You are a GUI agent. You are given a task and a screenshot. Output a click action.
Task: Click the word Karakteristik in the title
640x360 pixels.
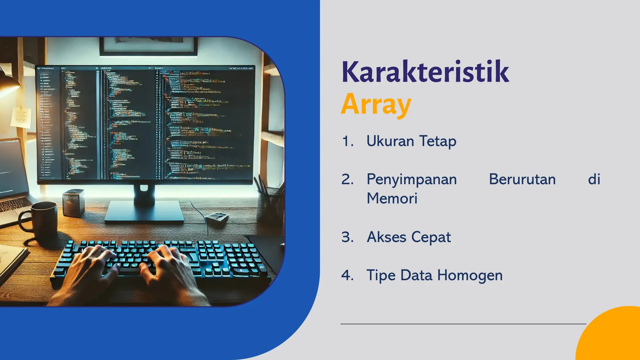pyautogui.click(x=425, y=72)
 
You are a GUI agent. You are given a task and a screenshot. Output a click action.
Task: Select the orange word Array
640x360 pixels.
pyautogui.click(x=376, y=104)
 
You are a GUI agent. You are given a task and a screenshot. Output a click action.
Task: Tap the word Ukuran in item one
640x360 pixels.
pyautogui.click(x=390, y=141)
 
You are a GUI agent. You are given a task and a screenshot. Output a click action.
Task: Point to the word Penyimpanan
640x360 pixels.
pyautogui.click(x=412, y=180)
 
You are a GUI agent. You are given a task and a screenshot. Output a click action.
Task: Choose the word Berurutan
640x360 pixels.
pyautogui.click(x=522, y=179)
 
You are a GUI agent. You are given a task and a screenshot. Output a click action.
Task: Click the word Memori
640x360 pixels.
pyautogui.click(x=392, y=198)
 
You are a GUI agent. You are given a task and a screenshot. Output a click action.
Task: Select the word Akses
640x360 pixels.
pyautogui.click(x=386, y=237)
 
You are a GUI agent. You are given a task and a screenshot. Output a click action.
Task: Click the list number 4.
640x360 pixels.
pyautogui.click(x=347, y=275)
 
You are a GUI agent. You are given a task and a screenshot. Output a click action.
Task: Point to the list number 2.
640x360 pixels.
pyautogui.click(x=347, y=180)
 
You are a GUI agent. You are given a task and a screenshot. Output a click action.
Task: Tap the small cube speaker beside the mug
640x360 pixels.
pyautogui.click(x=73, y=202)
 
